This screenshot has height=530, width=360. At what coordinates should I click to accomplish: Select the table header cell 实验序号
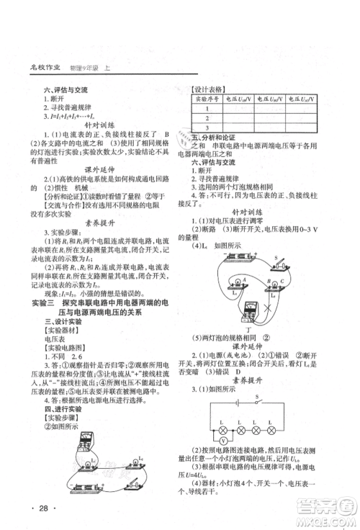tap(207, 99)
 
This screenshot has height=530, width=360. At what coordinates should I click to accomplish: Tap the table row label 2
tap(207, 117)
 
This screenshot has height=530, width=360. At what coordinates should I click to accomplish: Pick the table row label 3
tap(207, 127)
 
